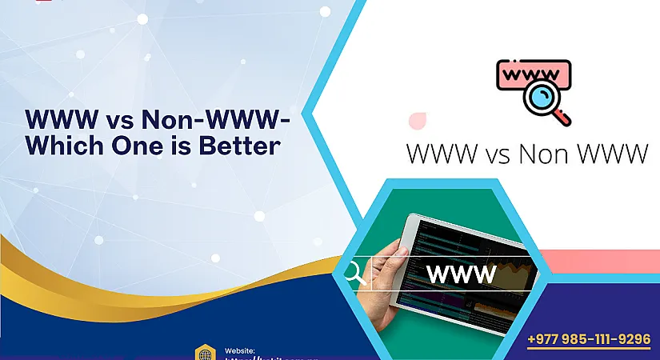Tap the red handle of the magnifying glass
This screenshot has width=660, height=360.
563,118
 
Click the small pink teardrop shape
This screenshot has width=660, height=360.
416,121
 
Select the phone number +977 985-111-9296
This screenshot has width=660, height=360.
590,339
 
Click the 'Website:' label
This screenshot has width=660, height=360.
240,350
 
